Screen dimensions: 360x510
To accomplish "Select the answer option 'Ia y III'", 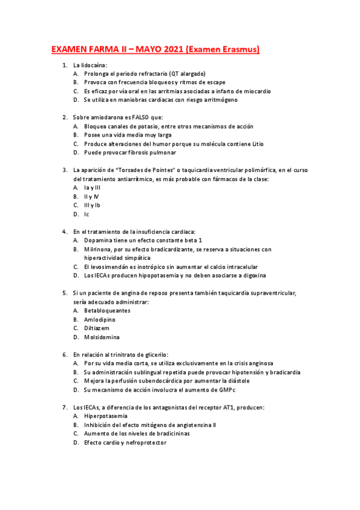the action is click(93, 188).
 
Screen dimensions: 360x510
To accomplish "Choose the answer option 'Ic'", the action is click(87, 214).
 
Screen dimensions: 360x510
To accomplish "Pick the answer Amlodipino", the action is click(100, 319).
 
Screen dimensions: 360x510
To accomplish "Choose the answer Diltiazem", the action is click(97, 328).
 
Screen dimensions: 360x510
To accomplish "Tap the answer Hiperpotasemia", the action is click(106, 416).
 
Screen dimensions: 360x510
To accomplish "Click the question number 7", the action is click(64, 407).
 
